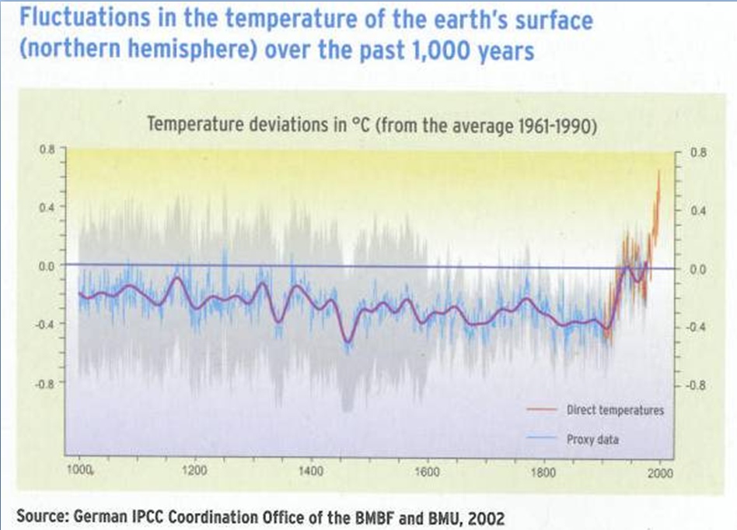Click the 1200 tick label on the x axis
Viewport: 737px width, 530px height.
194,470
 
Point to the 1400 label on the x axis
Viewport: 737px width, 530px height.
311,471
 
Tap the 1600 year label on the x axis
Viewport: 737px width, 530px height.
428,471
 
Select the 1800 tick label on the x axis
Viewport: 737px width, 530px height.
543,472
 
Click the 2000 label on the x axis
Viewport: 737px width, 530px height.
660,472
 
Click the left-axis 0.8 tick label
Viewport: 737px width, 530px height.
47,149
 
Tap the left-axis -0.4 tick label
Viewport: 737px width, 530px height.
45,324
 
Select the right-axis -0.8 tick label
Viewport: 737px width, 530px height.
696,385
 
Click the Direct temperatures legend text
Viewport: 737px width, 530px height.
615,410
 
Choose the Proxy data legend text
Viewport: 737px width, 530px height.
592,440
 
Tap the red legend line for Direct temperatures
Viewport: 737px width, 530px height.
541,409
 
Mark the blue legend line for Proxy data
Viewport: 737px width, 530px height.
541,437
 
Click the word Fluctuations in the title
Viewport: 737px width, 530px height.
85,18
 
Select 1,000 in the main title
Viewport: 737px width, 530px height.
442,51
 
